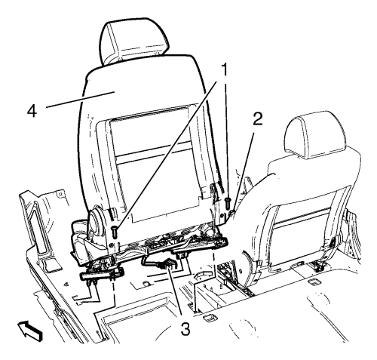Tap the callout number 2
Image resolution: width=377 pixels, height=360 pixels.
[257, 119]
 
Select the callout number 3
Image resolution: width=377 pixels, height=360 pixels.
[185, 329]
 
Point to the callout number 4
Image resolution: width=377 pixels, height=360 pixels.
[32, 111]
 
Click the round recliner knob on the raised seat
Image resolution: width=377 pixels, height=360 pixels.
[95, 221]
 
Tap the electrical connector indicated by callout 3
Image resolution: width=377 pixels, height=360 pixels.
[167, 265]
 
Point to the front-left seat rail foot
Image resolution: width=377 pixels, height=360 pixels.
[102, 276]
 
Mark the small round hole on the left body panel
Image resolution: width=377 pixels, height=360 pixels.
[60, 194]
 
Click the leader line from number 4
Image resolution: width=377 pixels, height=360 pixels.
[81, 100]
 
